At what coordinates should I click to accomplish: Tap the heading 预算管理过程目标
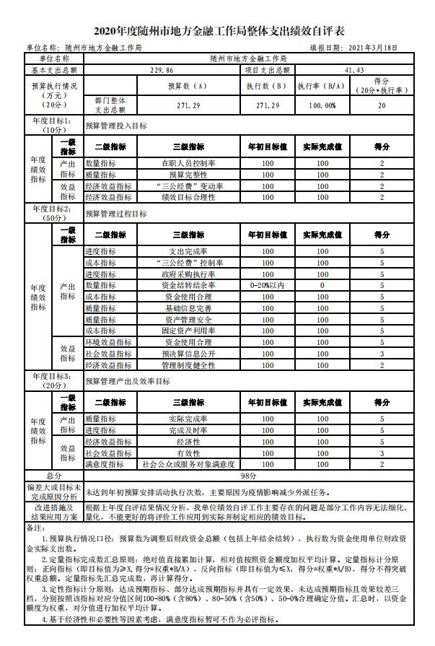(116, 214)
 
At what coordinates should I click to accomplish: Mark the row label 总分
(54, 476)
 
